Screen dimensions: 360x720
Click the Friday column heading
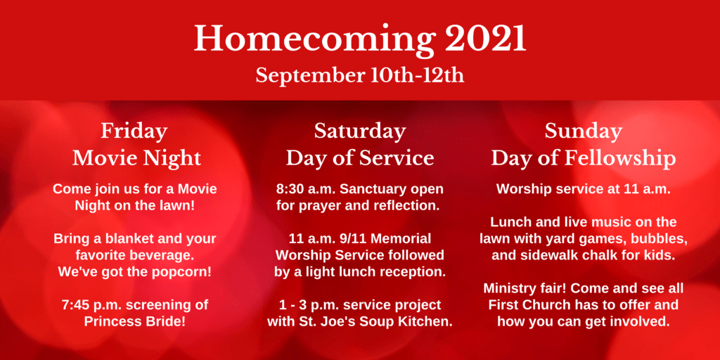(x=134, y=131)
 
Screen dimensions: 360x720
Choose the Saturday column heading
(x=359, y=131)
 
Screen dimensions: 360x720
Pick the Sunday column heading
(x=583, y=131)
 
